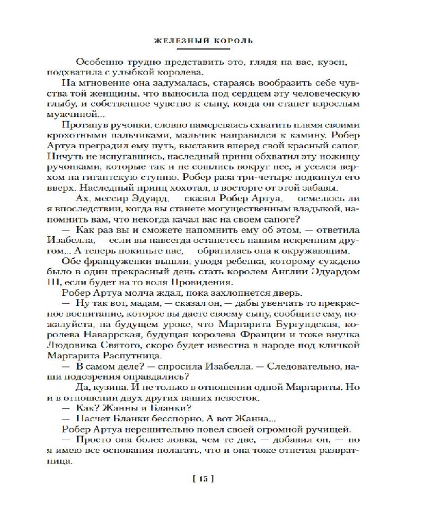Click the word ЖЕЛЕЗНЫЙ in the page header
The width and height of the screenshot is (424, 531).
point(175,39)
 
